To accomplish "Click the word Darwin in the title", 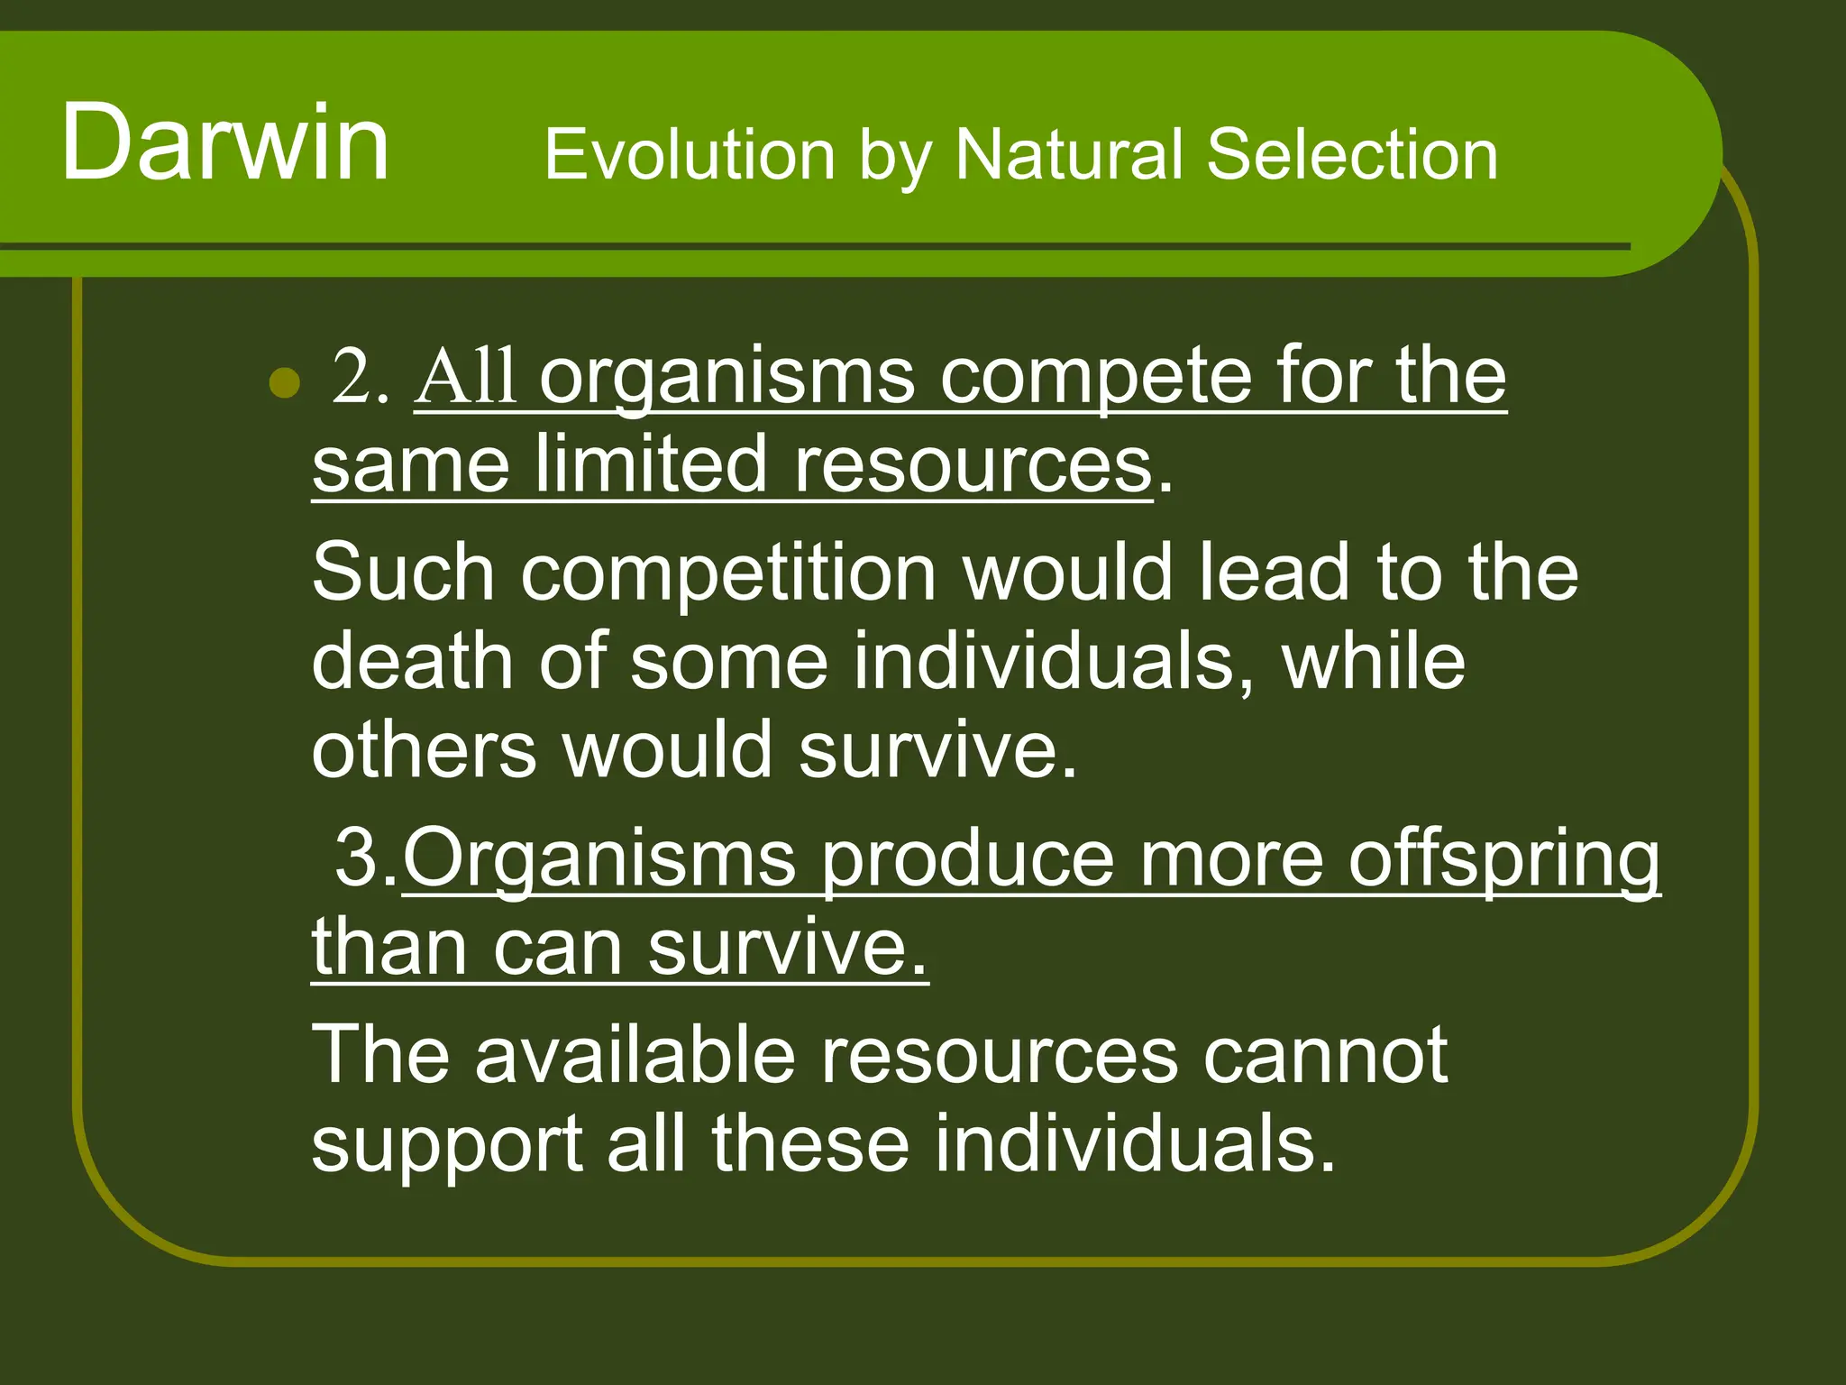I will coord(225,142).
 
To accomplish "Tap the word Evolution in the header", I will coord(690,155).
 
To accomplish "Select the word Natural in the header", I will coord(1068,155).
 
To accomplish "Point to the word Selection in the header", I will coord(1352,155).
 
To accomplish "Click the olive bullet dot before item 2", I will coord(285,382).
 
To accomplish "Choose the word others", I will coord(424,750).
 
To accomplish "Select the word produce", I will coord(968,861).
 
